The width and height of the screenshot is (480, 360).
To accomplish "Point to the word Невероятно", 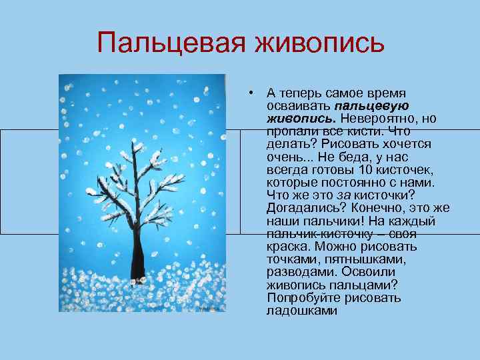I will (x=378, y=118).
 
